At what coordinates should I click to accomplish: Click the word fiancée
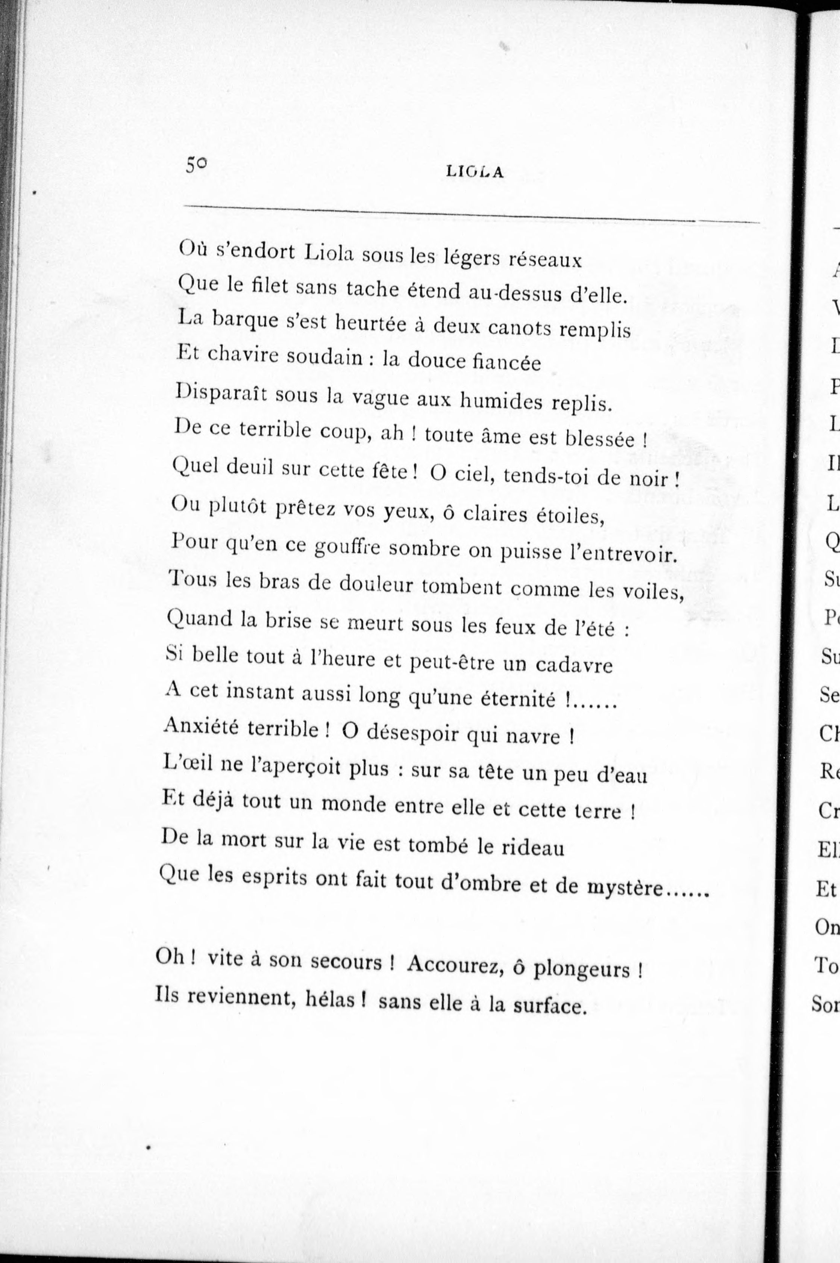[506, 363]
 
